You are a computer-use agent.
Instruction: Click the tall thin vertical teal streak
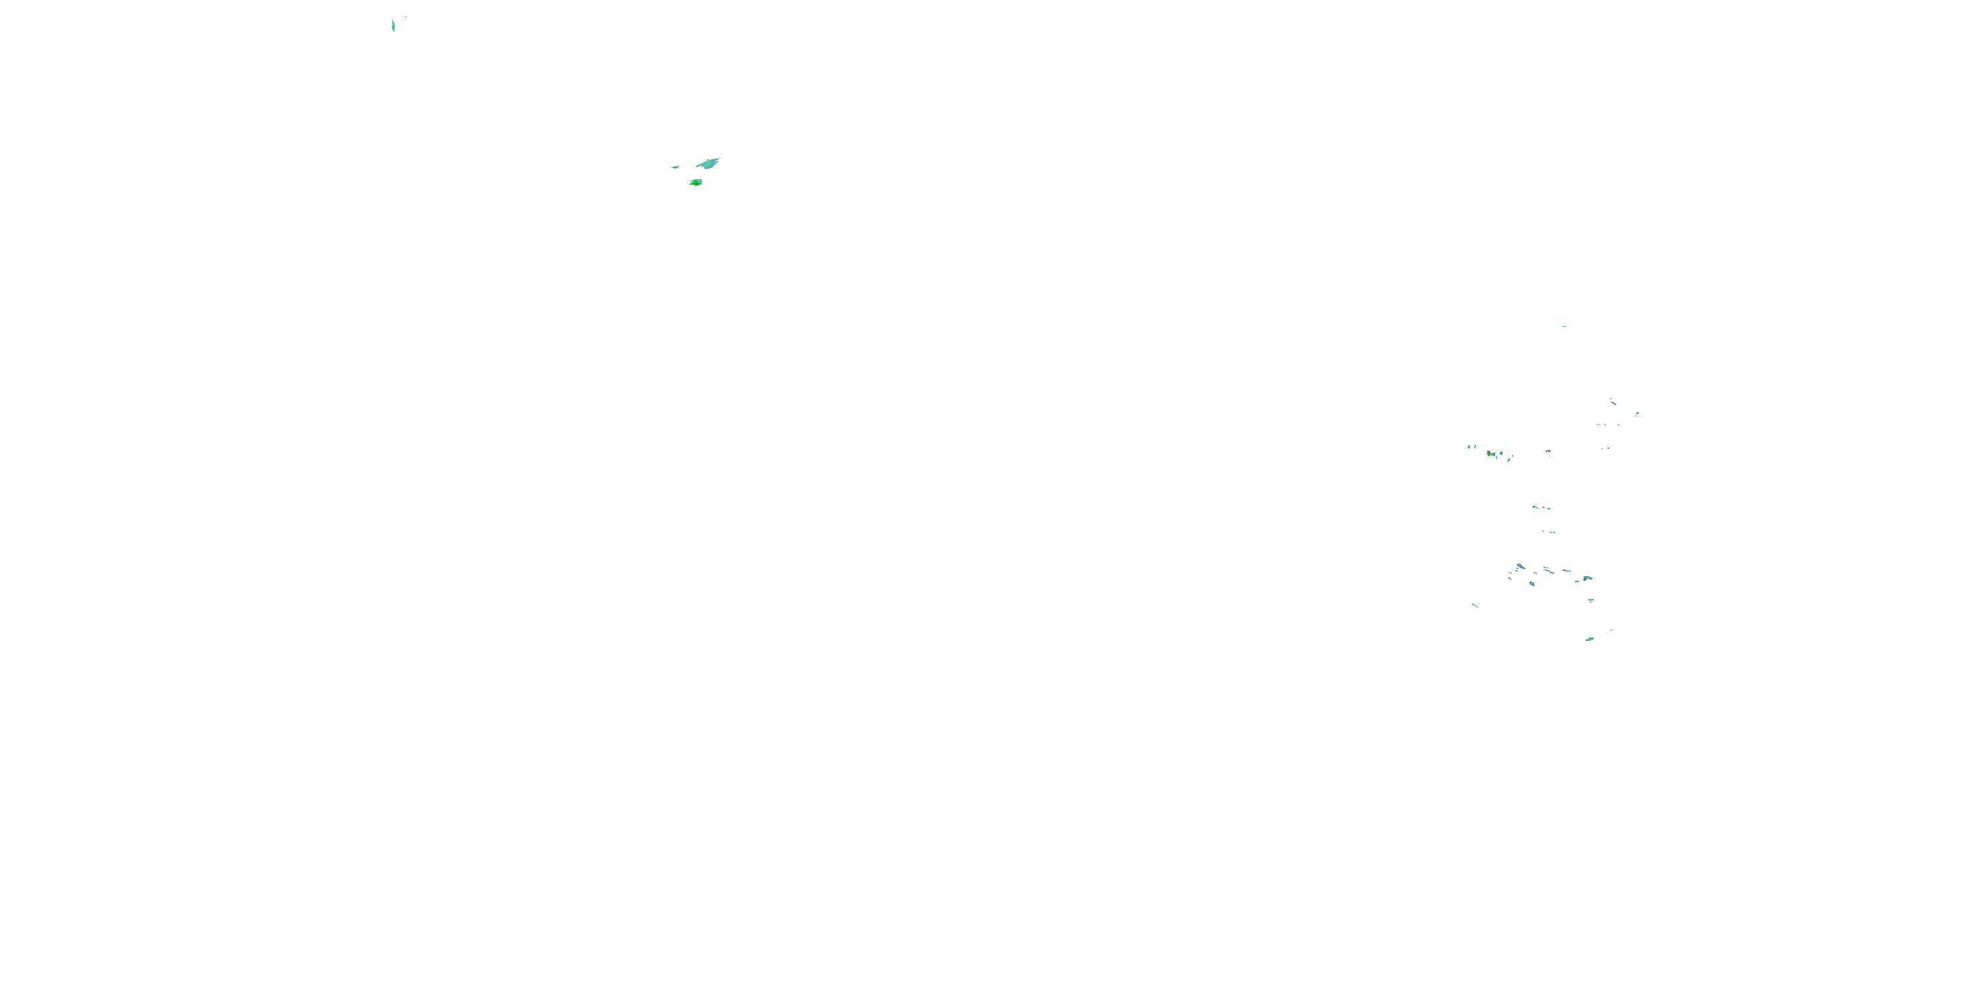point(393,25)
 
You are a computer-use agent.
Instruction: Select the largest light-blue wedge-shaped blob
point(707,163)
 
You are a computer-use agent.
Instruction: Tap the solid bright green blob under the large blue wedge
point(696,182)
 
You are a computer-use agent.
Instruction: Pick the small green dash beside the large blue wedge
point(676,166)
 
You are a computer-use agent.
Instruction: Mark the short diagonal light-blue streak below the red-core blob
point(1509,460)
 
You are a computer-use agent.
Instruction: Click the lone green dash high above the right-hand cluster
point(1563,326)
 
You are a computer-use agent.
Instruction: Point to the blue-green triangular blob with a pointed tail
point(1588,579)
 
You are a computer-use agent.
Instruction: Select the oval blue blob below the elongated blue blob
point(1533,584)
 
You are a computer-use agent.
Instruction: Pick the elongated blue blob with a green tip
point(1521,566)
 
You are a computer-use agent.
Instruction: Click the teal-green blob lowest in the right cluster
point(1590,640)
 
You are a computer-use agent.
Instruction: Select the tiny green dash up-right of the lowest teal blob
point(1612,630)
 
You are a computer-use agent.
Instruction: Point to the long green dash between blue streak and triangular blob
point(1566,571)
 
